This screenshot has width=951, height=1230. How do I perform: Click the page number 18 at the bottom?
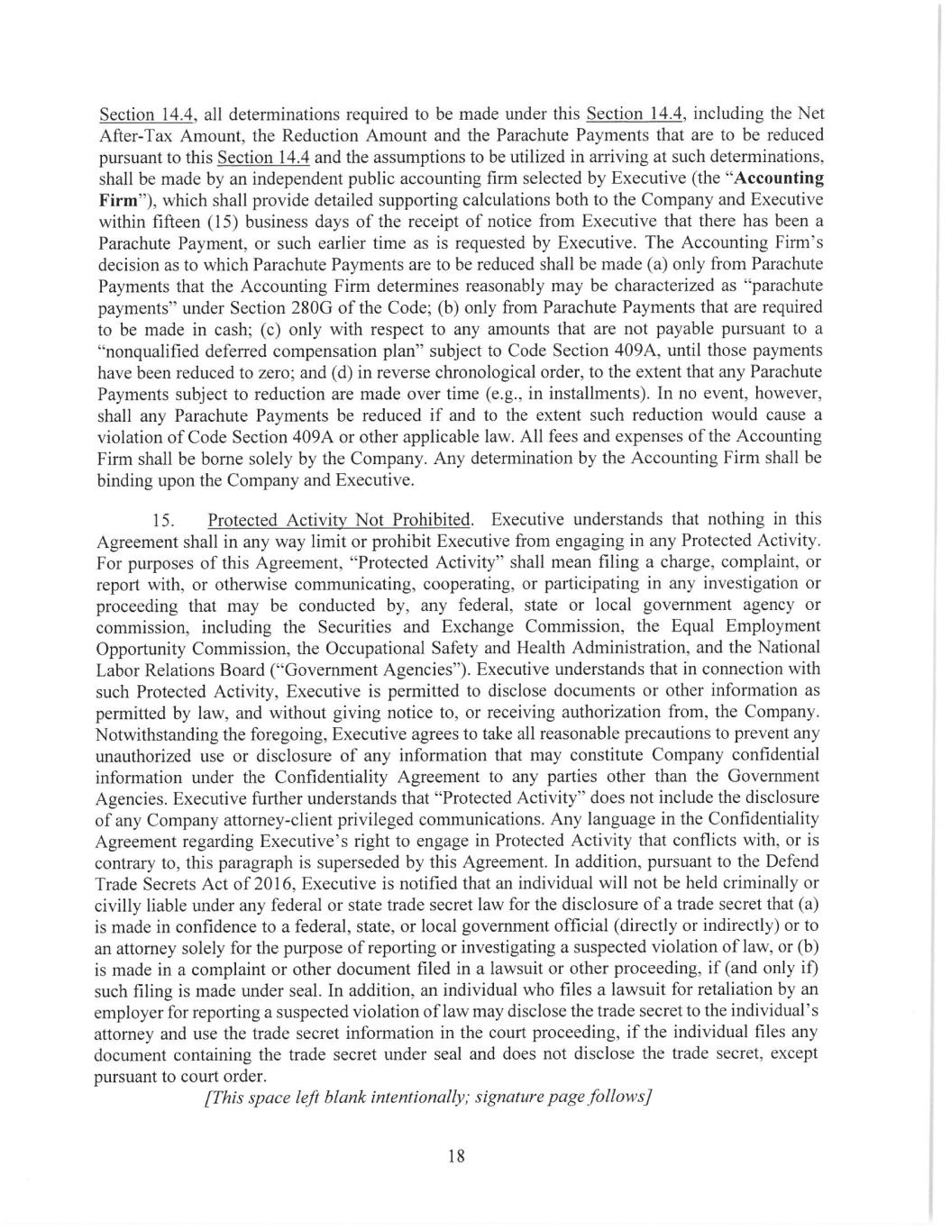coord(455,1156)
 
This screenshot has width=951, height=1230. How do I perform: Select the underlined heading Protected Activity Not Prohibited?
coord(339,520)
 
